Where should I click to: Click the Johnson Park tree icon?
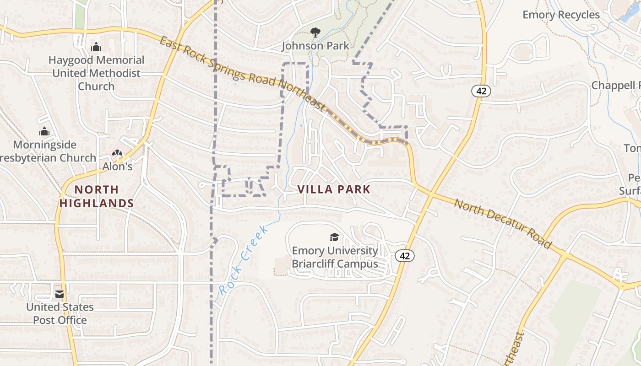click(x=315, y=32)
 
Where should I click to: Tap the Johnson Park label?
click(x=315, y=46)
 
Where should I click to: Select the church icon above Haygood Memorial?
click(x=96, y=47)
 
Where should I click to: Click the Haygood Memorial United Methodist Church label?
click(x=96, y=73)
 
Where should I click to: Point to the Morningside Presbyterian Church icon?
click(x=44, y=132)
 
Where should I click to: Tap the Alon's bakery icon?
click(x=117, y=154)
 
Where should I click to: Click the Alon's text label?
click(x=117, y=167)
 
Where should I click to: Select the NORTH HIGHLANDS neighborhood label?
click(x=97, y=196)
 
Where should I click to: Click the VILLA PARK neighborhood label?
click(x=334, y=189)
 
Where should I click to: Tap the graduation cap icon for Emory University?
click(x=335, y=237)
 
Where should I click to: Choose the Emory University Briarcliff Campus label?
click(x=335, y=257)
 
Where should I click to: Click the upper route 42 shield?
click(x=481, y=91)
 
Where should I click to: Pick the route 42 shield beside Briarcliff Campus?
click(x=405, y=256)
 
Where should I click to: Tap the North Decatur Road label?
click(x=503, y=224)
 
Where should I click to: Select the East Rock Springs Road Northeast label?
click(x=242, y=74)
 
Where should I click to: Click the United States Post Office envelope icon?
click(x=60, y=294)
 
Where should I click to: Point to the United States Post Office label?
click(x=60, y=313)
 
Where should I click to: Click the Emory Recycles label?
click(x=561, y=15)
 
